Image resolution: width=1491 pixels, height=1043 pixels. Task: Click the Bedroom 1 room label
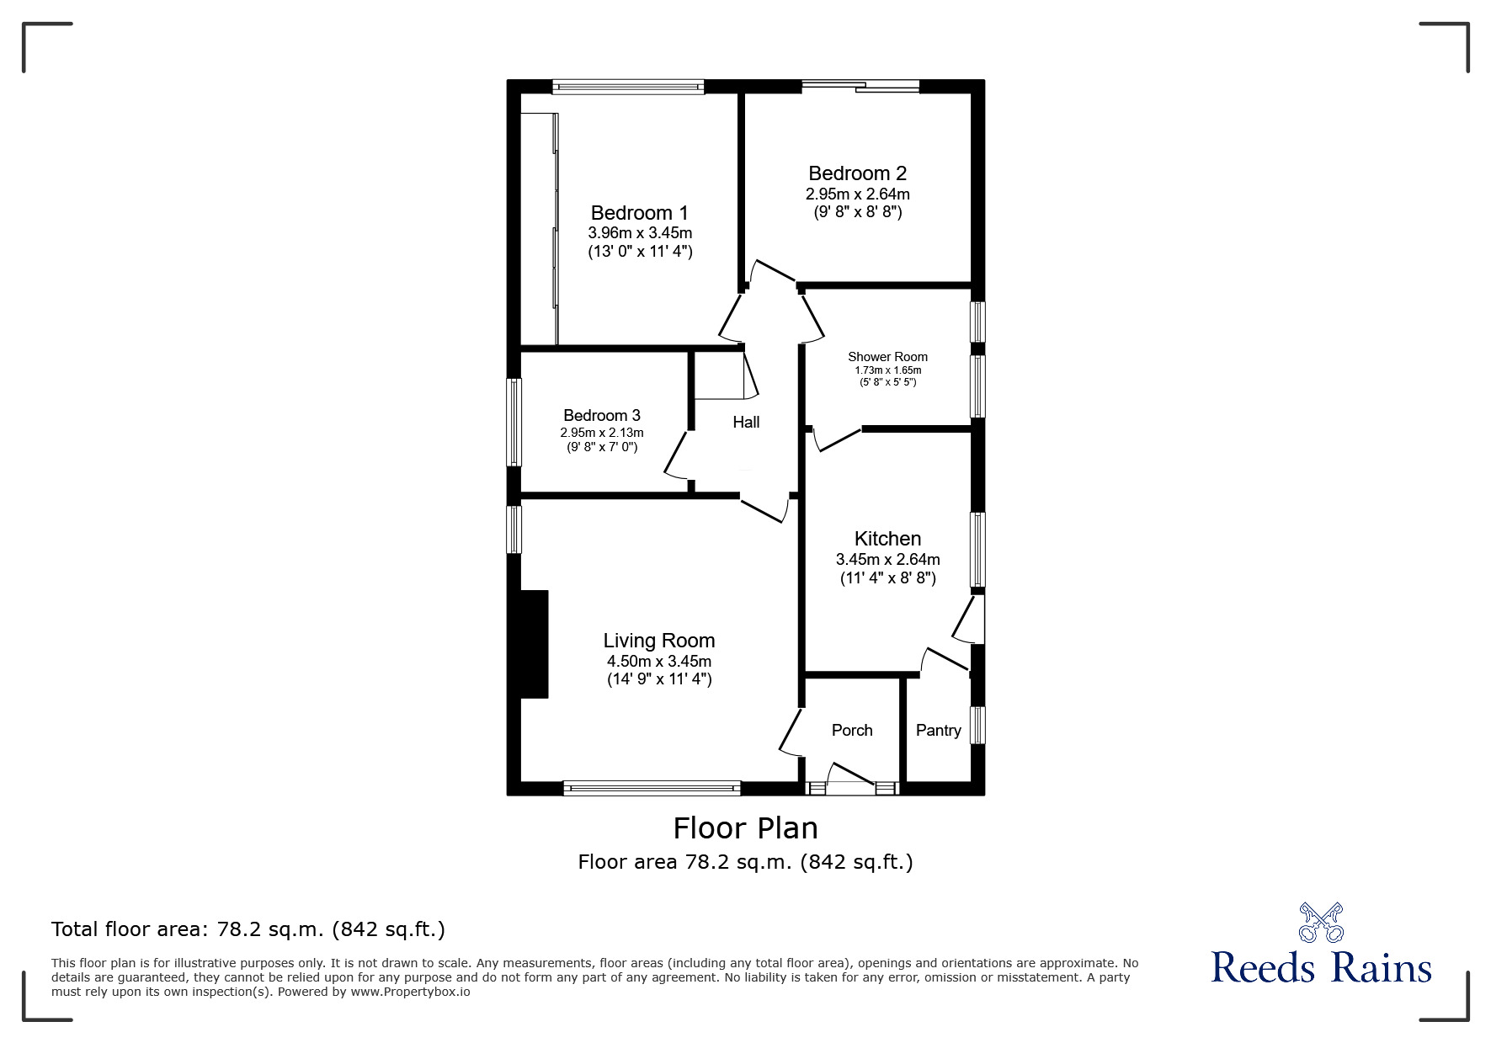(639, 212)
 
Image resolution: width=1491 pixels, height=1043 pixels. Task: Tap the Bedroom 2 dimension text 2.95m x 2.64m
(857, 194)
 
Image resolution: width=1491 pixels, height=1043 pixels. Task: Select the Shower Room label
(887, 357)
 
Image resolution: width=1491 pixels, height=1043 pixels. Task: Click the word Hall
(746, 422)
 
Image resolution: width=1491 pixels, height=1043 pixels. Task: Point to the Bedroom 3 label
(601, 415)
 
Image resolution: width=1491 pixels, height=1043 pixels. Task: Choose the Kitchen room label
(887, 539)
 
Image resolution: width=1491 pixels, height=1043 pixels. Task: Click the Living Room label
(658, 641)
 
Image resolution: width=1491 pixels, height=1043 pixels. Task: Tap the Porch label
(852, 730)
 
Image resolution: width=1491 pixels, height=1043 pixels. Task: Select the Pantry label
(938, 730)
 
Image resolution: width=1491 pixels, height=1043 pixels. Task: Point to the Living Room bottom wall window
(652, 789)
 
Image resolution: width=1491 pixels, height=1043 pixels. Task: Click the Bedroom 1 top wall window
(628, 86)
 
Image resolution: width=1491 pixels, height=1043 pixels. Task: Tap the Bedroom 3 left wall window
(514, 422)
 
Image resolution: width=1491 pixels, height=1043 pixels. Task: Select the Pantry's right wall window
(977, 725)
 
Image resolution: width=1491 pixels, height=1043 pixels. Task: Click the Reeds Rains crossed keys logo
(1321, 923)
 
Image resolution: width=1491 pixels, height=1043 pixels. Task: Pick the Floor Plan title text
(745, 828)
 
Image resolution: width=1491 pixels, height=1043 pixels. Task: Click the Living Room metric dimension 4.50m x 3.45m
(658, 662)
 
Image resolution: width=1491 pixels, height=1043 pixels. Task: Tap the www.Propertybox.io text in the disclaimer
(410, 992)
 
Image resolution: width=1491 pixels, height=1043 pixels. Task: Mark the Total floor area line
(248, 929)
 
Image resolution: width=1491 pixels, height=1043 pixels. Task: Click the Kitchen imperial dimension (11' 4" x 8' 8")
(887, 578)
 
